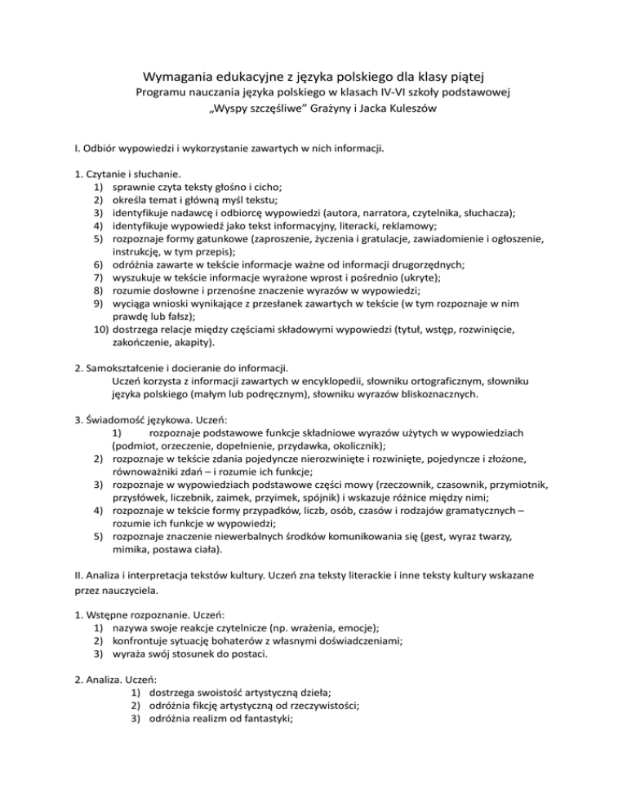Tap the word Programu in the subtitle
[x=163, y=95]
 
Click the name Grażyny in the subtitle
[x=304, y=112]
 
